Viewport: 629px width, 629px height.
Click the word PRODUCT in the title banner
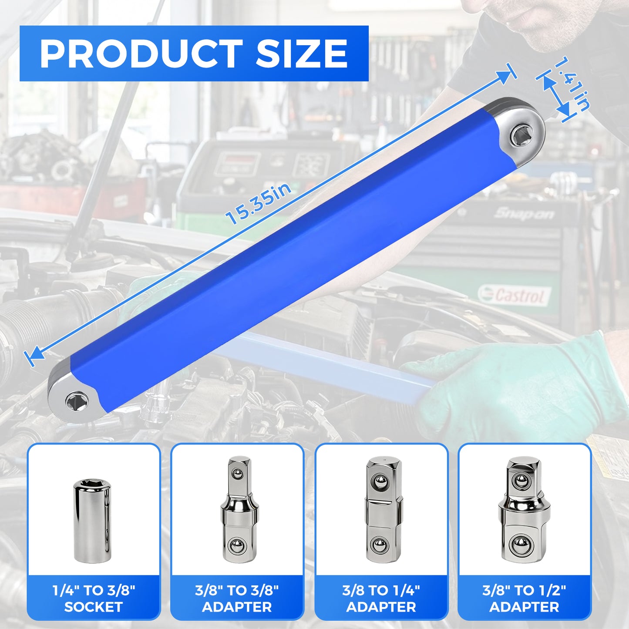[x=141, y=54]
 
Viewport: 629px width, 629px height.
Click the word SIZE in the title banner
[x=301, y=54]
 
